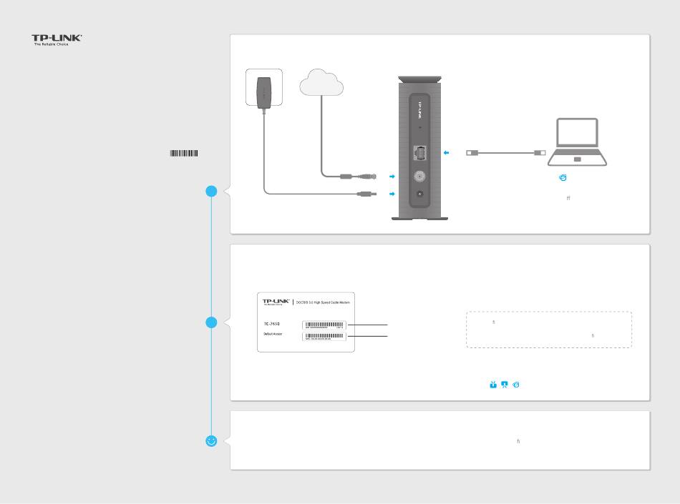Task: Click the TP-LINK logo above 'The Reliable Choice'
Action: [56, 38]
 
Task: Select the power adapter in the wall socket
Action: [264, 92]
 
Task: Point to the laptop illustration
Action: [581, 143]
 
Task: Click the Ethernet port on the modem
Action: [419, 152]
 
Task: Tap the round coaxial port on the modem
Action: [419, 174]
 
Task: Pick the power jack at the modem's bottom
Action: [419, 194]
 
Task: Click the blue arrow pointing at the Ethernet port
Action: [446, 152]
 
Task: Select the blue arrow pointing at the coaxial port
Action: [391, 175]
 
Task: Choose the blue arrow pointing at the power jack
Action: [391, 194]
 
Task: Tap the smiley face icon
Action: [211, 442]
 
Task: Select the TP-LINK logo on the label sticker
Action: [276, 302]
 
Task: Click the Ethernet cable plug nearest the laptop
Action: [540, 152]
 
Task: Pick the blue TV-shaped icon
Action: [492, 385]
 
